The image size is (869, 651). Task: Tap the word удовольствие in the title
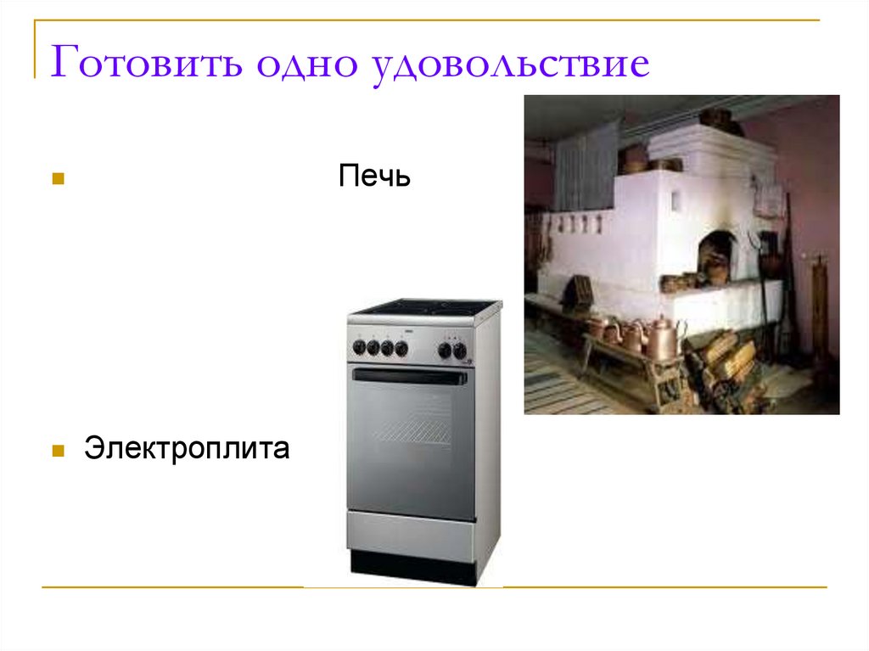click(509, 65)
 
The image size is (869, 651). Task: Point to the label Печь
click(374, 177)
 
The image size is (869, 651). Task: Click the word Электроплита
click(187, 448)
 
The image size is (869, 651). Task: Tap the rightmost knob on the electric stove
click(460, 349)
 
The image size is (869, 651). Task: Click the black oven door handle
click(410, 375)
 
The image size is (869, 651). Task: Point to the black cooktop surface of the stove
click(424, 306)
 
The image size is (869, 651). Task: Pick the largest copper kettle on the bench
click(661, 338)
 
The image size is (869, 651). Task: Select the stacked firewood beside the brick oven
click(721, 361)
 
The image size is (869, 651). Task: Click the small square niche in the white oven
click(676, 202)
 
